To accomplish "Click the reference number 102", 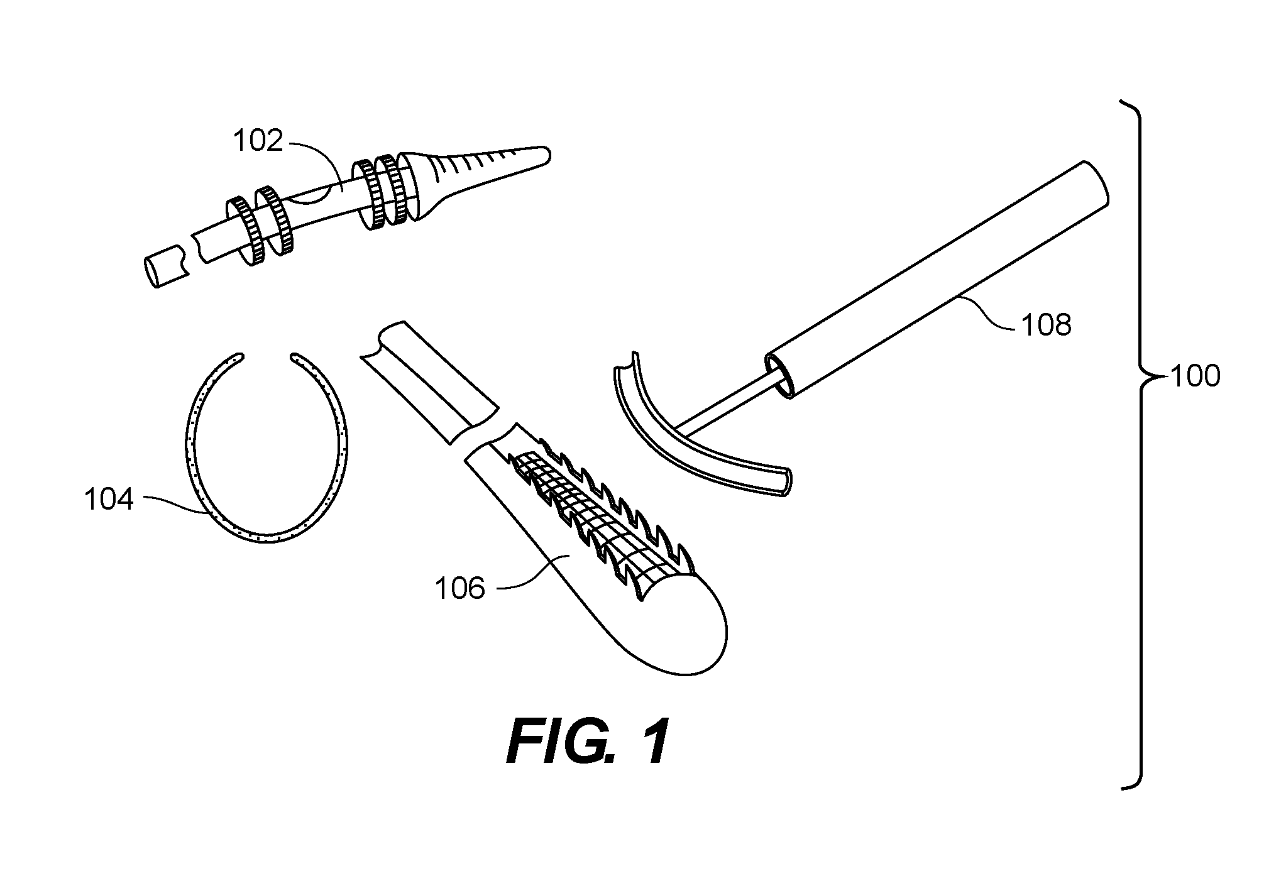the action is (x=258, y=141).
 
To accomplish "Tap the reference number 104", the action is (x=109, y=500).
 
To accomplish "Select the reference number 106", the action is (x=460, y=589).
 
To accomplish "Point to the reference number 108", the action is (x=1047, y=325).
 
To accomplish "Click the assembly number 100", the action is (x=1194, y=376).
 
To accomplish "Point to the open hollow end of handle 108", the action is (x=779, y=376).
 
